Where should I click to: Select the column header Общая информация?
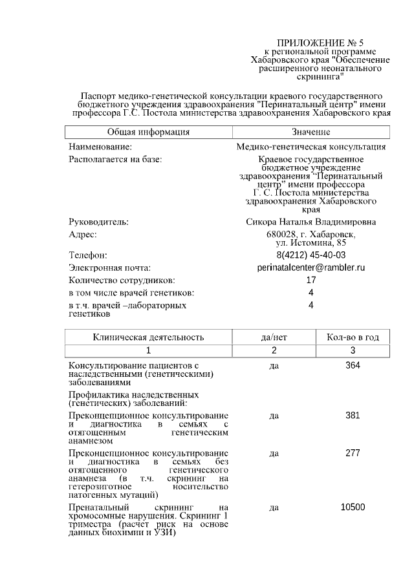tap(148, 132)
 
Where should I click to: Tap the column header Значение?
tap(311, 132)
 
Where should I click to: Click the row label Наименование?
tap(100, 147)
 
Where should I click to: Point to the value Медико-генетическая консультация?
tap(311, 147)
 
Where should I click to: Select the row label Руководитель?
tap(99, 222)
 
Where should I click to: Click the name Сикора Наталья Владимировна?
tap(311, 222)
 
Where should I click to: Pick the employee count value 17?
tap(311, 281)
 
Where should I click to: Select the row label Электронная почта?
tap(110, 268)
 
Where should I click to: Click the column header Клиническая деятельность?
tap(148, 337)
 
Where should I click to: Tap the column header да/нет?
tap(274, 337)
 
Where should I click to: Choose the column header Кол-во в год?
tap(353, 337)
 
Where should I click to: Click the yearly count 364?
tap(353, 366)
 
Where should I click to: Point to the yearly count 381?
tap(353, 415)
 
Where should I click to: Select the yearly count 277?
tap(353, 453)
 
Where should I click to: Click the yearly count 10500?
tap(353, 507)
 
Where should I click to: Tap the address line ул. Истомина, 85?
tap(311, 242)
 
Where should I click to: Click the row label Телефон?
tap(88, 255)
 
